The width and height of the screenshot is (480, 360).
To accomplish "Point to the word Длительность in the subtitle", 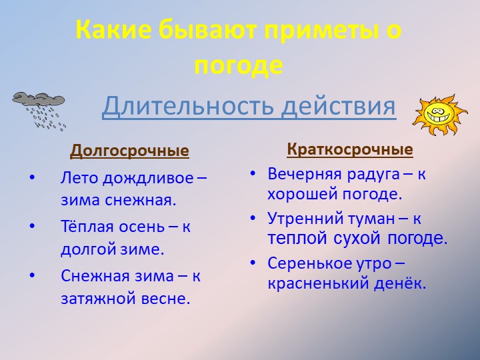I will click(x=188, y=106).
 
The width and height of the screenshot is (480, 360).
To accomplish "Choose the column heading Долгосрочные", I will click(x=129, y=151).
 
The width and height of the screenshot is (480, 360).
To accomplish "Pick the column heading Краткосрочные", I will click(x=350, y=149).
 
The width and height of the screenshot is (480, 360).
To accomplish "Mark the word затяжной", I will click(x=95, y=299).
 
